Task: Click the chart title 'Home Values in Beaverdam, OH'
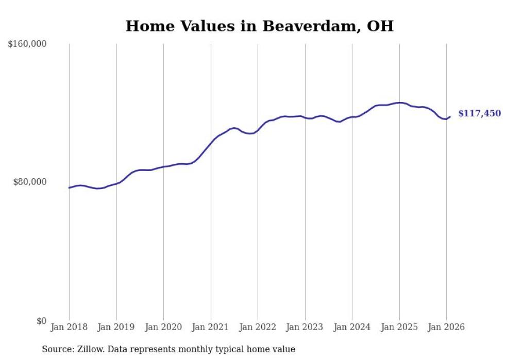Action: [259, 26]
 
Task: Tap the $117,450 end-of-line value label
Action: [479, 113]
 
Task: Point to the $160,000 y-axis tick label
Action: [27, 44]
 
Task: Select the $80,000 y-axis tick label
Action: [29, 182]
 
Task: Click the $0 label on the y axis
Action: [41, 321]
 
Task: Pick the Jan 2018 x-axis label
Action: [69, 327]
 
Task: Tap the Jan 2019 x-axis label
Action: [116, 327]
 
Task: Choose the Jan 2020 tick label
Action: [163, 327]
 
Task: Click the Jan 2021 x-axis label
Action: [211, 327]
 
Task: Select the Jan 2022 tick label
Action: [258, 327]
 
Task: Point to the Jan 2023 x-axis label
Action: [305, 327]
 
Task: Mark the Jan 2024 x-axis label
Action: [352, 327]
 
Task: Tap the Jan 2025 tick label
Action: [399, 327]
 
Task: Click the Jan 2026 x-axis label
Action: [446, 327]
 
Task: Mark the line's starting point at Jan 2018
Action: [69, 187]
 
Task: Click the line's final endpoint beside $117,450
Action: [450, 117]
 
